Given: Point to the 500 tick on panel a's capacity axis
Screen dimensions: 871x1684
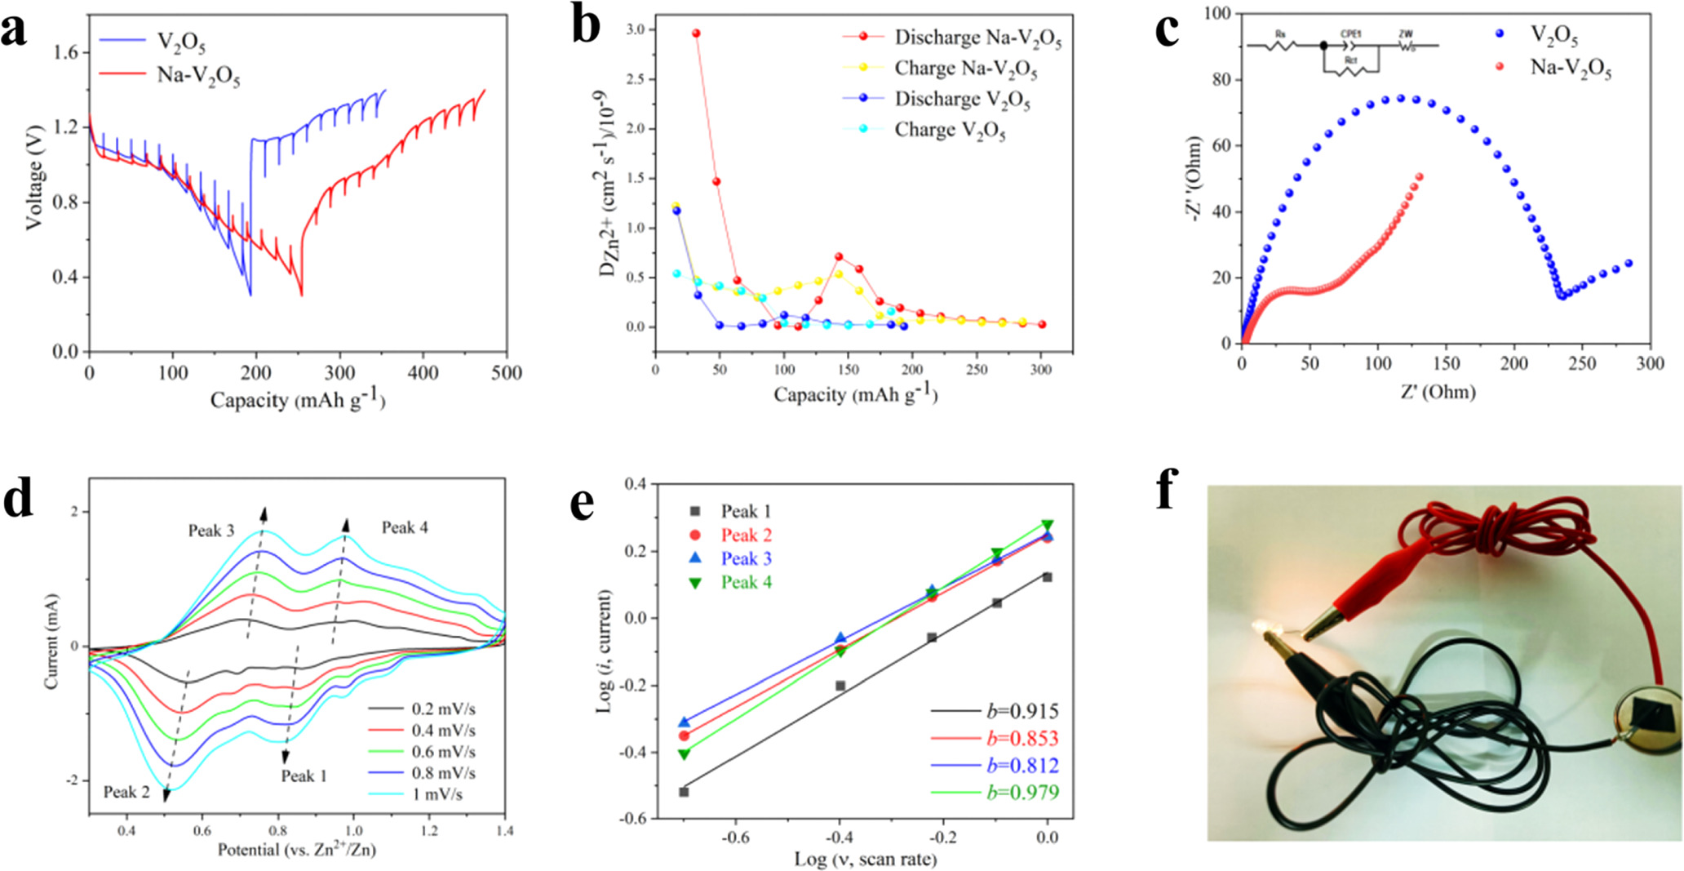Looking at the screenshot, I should click(x=507, y=373).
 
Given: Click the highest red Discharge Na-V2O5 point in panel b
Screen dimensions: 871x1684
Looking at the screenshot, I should click(x=696, y=33).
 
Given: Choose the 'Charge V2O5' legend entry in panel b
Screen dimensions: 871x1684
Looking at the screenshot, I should click(x=950, y=130).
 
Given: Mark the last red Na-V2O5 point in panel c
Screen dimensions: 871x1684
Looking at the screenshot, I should click(x=1420, y=176).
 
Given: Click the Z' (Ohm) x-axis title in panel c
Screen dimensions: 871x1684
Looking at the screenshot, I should click(x=1438, y=392).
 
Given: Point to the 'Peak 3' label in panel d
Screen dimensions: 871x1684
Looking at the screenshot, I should click(x=211, y=531).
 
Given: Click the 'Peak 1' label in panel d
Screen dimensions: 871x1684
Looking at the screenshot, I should click(x=304, y=776).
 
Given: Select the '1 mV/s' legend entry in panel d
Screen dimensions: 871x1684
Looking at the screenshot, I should click(x=437, y=794).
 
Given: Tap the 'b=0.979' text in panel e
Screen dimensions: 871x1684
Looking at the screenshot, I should click(x=1022, y=793).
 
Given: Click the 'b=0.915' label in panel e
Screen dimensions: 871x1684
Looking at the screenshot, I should click(x=1022, y=711).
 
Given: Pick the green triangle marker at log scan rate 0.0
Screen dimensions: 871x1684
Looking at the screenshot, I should click(x=1047, y=525).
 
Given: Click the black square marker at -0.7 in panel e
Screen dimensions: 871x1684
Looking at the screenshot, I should click(x=684, y=792).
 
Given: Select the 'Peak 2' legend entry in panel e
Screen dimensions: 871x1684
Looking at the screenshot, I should click(x=746, y=535).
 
